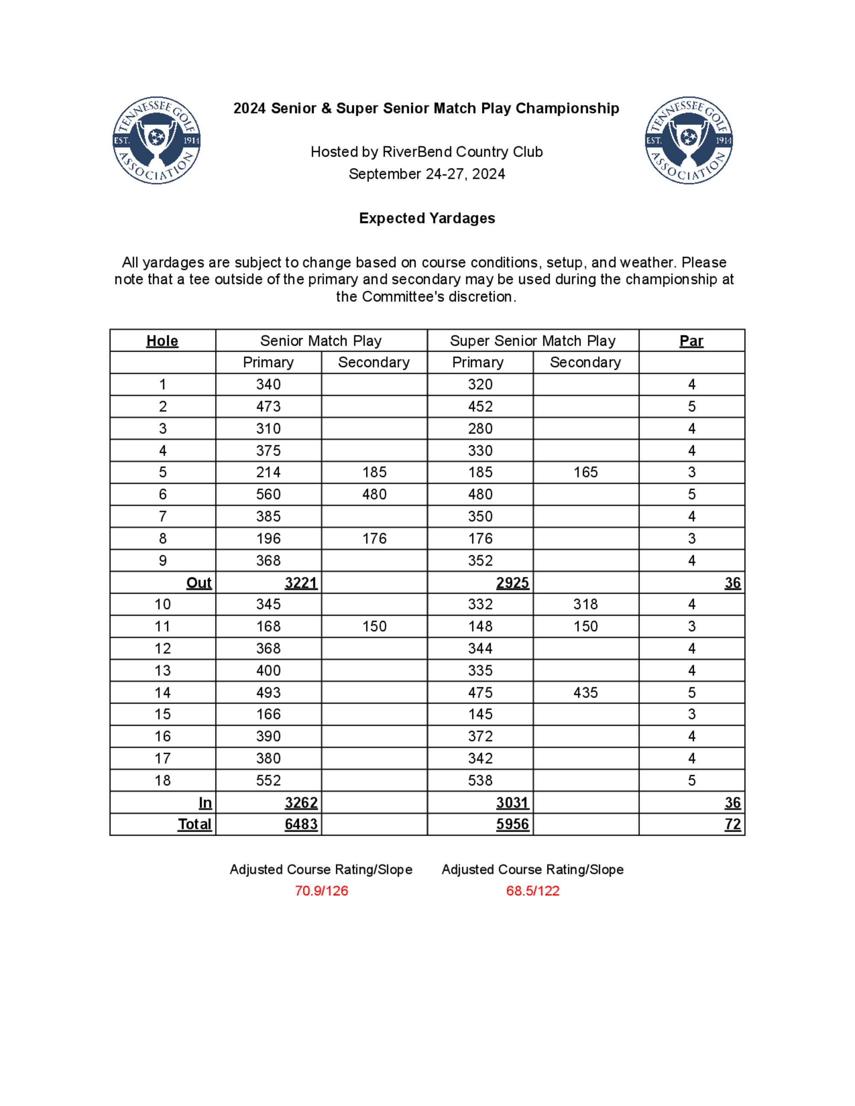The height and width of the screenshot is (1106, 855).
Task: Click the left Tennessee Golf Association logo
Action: pyautogui.click(x=156, y=140)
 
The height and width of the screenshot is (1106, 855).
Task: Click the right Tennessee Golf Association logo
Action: pyautogui.click(x=689, y=140)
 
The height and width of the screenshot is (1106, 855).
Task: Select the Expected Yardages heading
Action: pyautogui.click(x=427, y=218)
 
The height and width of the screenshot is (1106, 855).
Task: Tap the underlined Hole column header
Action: pyautogui.click(x=162, y=341)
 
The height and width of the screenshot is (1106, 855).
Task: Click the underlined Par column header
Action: pyautogui.click(x=691, y=341)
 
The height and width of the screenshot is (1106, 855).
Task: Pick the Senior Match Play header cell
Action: pyautogui.click(x=321, y=341)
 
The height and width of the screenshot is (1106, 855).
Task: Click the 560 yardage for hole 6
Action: pyautogui.click(x=268, y=494)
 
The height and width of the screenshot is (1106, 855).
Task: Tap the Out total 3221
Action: pyautogui.click(x=301, y=583)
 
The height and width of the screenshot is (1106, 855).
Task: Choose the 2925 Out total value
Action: pyautogui.click(x=513, y=583)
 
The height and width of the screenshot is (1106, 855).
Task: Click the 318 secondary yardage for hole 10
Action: pyautogui.click(x=586, y=604)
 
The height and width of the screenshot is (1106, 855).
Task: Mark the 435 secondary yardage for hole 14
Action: pyautogui.click(x=586, y=693)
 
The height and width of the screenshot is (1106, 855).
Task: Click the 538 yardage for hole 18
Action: pyautogui.click(x=480, y=780)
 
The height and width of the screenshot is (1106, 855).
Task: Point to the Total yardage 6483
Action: pyautogui.click(x=301, y=824)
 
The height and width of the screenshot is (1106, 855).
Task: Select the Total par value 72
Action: pyautogui.click(x=732, y=824)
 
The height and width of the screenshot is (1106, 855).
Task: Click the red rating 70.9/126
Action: pyautogui.click(x=321, y=891)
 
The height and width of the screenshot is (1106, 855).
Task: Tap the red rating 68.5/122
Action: pyautogui.click(x=533, y=891)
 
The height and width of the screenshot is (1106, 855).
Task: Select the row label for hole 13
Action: pyautogui.click(x=162, y=671)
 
